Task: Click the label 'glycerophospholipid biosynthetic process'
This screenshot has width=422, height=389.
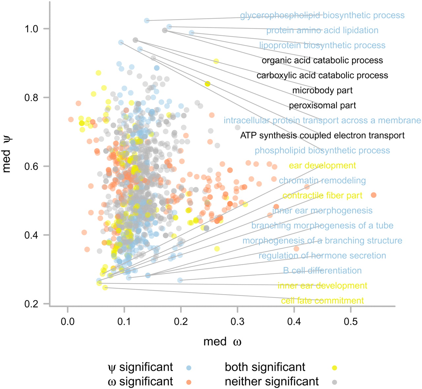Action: coord(322,15)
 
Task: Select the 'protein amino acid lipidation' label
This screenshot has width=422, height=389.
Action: coord(322,30)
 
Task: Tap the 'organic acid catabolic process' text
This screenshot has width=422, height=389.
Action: coord(322,61)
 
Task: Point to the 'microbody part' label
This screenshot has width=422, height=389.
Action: coord(322,91)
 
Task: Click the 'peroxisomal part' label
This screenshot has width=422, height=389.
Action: coord(322,105)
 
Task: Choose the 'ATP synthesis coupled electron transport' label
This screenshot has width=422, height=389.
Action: coord(322,135)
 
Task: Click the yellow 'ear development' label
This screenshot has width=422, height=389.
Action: coord(322,165)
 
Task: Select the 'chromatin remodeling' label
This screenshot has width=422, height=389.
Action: coord(322,181)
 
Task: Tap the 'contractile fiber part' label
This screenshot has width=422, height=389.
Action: coord(322,195)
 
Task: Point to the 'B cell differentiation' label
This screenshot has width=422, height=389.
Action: coord(322,271)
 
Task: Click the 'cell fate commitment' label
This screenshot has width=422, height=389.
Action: coord(322,301)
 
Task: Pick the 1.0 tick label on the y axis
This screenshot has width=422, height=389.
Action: coord(31,29)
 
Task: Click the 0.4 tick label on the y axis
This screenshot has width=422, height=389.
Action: coord(31,235)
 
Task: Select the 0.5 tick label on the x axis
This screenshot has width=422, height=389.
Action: coord(350,321)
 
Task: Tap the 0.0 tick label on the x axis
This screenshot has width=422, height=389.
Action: coord(68,321)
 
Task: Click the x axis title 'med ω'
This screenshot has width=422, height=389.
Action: coord(222,342)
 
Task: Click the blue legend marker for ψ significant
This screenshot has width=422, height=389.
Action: coord(189,368)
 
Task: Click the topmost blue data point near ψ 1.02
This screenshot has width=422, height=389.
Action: coord(147,20)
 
